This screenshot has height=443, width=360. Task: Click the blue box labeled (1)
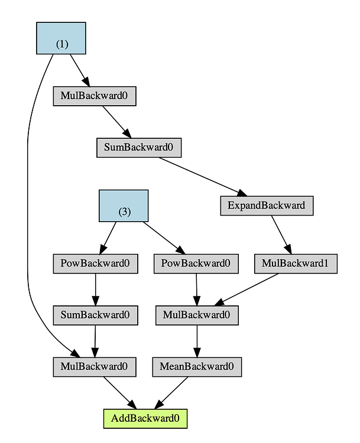point(61,38)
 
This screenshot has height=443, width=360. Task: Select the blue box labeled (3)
point(124,206)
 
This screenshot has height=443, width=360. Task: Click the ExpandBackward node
point(266,206)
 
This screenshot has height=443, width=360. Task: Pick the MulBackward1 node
point(296,263)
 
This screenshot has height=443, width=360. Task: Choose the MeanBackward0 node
point(197,367)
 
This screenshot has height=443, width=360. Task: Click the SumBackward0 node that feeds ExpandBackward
point(139,147)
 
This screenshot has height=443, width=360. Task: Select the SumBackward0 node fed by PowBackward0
point(95,315)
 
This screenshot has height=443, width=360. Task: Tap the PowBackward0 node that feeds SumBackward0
point(95,263)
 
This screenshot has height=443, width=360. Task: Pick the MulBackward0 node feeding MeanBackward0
point(197,315)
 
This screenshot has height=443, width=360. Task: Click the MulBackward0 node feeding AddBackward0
point(95,367)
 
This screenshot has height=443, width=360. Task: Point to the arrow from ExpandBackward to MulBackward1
point(281,234)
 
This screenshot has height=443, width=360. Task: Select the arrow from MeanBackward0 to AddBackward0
point(172,392)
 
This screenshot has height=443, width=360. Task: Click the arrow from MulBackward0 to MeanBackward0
point(197,341)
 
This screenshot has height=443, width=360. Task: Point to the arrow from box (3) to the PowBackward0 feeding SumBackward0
point(108,237)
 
